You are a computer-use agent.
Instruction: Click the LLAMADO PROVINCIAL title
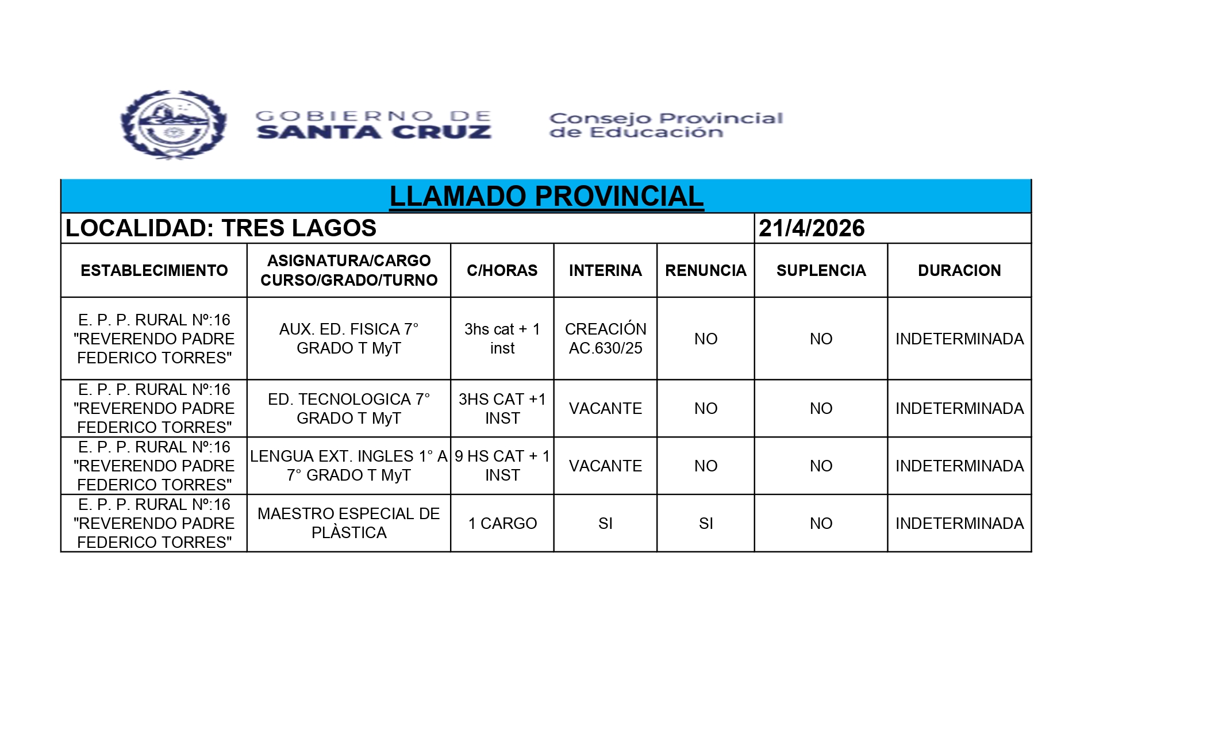(546, 197)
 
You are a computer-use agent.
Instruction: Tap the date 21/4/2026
(811, 228)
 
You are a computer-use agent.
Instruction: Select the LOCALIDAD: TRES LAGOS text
(221, 228)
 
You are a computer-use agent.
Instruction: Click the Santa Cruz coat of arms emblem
(174, 125)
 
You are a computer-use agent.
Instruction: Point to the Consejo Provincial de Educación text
(666, 125)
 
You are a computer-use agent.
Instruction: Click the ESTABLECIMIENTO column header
(154, 270)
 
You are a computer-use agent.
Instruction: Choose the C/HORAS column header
(502, 270)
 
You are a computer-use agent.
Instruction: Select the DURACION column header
(959, 270)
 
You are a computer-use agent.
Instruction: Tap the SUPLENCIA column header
(821, 270)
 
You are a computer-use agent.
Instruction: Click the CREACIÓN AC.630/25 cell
(605, 339)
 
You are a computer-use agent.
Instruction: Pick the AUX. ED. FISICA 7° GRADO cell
(349, 339)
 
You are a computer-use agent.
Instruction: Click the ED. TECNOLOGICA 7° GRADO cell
(349, 408)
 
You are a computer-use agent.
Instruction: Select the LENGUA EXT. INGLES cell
(349, 466)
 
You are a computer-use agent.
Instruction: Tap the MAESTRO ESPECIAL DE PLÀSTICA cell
(349, 523)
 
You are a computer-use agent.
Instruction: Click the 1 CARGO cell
(502, 523)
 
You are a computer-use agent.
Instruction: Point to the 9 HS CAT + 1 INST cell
(502, 466)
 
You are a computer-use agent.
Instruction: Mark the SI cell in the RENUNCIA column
(706, 523)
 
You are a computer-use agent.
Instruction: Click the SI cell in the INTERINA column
(605, 523)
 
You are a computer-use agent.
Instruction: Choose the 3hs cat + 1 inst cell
(502, 339)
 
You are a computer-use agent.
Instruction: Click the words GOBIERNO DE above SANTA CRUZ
(374, 117)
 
